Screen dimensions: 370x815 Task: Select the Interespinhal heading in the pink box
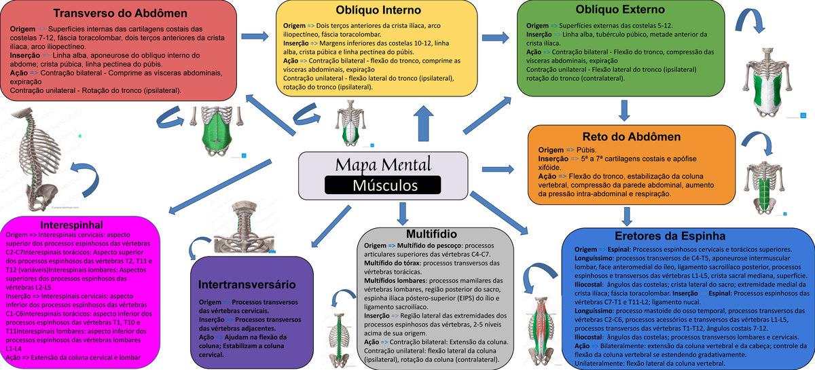click(x=71, y=223)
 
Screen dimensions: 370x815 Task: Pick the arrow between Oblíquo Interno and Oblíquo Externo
click(x=498, y=36)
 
